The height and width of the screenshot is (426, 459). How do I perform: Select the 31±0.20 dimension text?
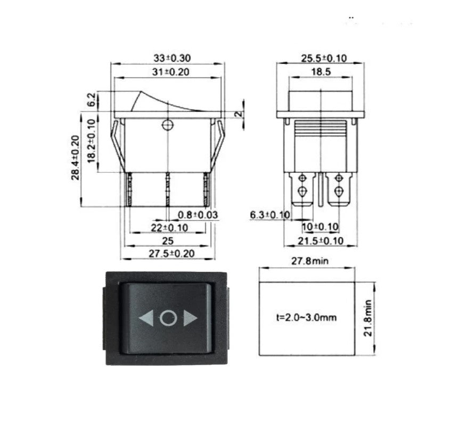tap(168, 71)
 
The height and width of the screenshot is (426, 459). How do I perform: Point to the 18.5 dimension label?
tap(321, 71)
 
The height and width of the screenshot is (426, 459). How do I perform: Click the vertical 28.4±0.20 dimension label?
tap(76, 157)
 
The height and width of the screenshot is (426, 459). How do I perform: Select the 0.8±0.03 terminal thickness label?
tap(198, 215)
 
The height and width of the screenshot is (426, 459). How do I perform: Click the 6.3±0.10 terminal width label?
tap(270, 215)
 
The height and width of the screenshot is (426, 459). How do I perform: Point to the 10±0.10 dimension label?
tap(320, 227)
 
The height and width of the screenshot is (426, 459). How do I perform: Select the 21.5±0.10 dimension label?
tap(320, 242)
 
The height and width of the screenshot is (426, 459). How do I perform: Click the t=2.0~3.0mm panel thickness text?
tap(306, 318)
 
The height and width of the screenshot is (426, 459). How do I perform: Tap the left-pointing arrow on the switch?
tap(145, 318)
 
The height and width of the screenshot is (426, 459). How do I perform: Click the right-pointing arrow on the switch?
tap(190, 318)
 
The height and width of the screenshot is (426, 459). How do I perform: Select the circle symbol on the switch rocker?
tap(168, 318)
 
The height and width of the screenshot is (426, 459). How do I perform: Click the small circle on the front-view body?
tap(168, 125)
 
